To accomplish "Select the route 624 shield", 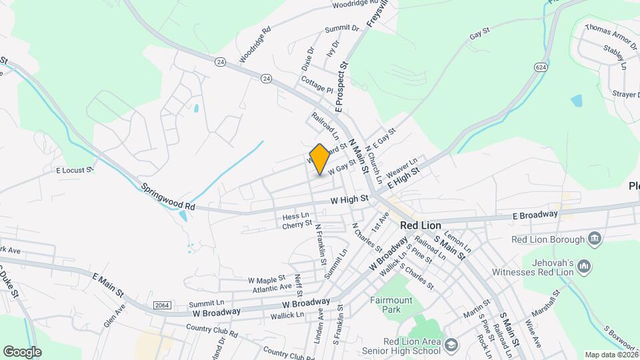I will point(540,67).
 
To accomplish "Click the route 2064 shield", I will point(161,305).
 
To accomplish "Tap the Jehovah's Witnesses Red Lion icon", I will point(585,266).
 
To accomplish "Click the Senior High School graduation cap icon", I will point(452,344).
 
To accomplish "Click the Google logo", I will point(22,351).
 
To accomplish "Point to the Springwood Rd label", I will point(167,197).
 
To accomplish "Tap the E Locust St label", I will point(74,171).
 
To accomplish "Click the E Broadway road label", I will point(535,215).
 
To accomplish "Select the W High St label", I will point(350,199).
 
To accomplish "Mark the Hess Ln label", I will point(295,216).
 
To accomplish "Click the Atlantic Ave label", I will point(272,288).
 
